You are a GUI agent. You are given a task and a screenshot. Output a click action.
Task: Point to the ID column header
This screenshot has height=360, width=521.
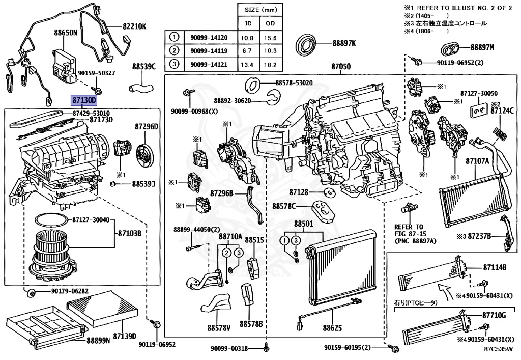coord(249,24)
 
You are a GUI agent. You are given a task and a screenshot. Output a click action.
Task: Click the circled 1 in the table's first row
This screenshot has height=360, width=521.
coord(175,37)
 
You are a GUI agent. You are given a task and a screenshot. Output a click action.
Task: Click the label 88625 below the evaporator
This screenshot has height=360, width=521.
coord(332,327)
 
